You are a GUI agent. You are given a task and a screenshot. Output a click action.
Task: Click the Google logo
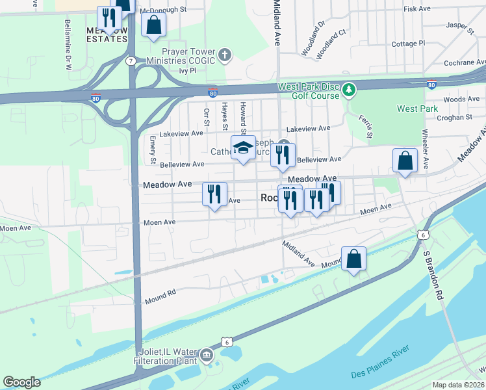click(21, 382)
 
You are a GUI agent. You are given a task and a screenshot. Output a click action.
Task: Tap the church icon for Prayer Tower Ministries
click(225, 55)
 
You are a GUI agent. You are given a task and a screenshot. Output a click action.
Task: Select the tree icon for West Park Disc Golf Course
click(350, 88)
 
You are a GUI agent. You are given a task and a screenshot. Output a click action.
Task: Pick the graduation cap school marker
click(243, 148)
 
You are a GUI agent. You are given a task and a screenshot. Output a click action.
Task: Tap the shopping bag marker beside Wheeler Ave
click(405, 161)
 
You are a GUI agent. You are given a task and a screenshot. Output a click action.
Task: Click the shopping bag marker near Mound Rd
click(353, 259)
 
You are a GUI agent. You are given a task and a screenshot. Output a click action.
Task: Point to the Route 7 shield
click(131, 61)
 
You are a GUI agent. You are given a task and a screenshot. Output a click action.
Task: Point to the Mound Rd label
click(160, 293)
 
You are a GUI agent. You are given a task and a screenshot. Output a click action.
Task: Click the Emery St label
click(153, 150)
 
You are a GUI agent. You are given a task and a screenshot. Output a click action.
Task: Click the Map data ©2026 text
click(458, 385)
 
